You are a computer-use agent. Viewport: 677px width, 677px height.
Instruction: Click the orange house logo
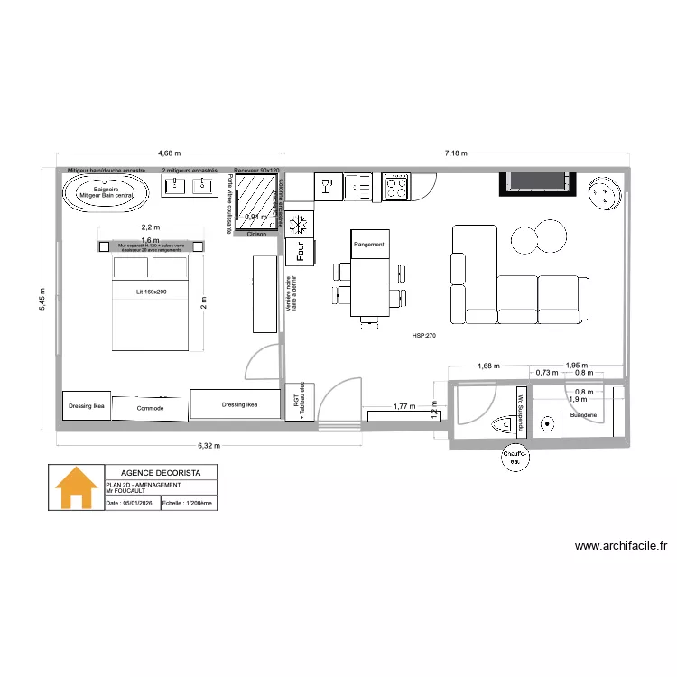(x=76, y=488)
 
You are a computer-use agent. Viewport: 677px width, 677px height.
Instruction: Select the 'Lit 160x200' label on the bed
(x=151, y=292)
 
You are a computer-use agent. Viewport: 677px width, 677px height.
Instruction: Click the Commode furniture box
(x=151, y=408)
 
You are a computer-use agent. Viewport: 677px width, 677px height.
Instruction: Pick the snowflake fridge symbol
(x=298, y=222)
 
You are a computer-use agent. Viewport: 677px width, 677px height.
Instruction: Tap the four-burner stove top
(x=396, y=187)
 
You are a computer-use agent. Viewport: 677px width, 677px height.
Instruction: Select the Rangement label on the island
(x=369, y=245)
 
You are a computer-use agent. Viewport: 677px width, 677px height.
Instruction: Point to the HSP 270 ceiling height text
(x=424, y=335)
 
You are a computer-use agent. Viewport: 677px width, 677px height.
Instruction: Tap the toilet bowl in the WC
(x=498, y=422)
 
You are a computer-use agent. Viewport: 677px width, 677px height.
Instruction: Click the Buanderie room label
(x=584, y=416)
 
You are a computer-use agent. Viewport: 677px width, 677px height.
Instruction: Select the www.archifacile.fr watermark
(x=620, y=545)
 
